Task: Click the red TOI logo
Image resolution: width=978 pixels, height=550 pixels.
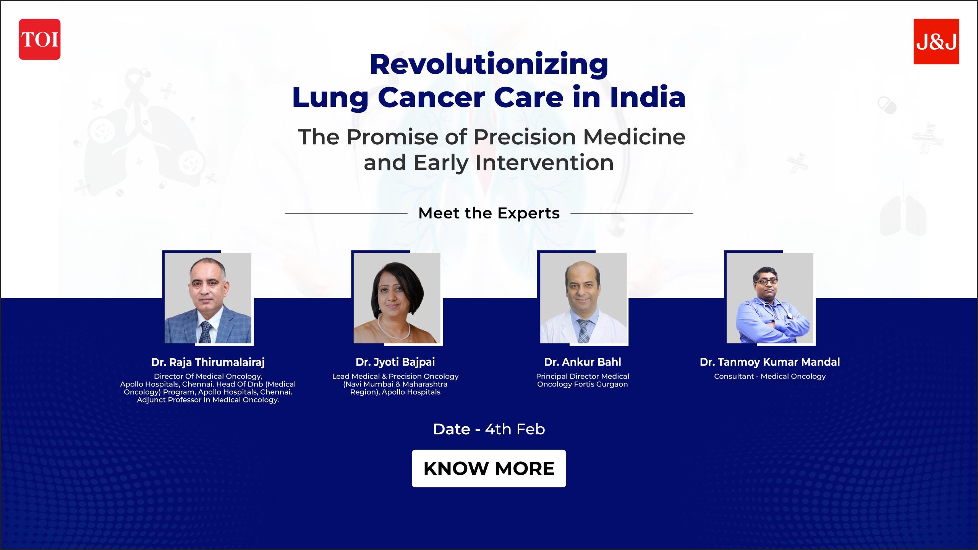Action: (39, 39)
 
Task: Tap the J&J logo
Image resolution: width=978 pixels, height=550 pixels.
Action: (936, 41)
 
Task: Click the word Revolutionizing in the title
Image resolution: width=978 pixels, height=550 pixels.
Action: (489, 65)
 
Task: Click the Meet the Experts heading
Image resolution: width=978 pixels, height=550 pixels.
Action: (489, 213)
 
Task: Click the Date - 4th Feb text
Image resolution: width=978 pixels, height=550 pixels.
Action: (489, 429)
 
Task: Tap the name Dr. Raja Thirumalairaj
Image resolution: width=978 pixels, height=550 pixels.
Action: (208, 362)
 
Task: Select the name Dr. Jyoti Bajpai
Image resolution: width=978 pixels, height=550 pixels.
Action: (395, 362)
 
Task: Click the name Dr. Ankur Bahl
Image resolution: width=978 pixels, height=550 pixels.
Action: (583, 362)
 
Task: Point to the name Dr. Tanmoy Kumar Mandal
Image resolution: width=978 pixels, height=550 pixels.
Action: (770, 362)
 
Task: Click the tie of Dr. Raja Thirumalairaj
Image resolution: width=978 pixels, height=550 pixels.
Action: (206, 332)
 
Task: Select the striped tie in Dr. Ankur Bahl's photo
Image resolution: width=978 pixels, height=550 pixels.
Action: (583, 332)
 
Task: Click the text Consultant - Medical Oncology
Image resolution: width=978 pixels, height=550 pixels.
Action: (770, 377)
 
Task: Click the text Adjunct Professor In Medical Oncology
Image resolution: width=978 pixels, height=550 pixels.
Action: (208, 400)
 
